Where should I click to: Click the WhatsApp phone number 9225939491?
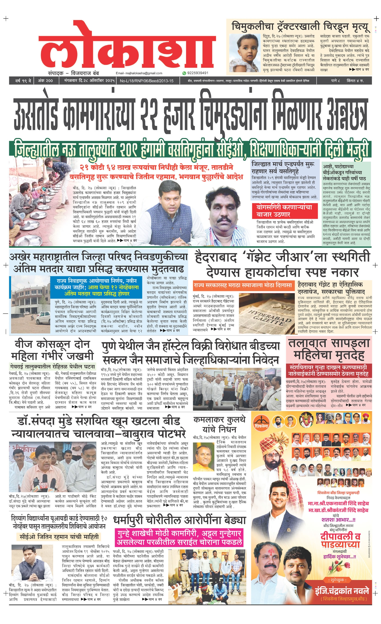[198, 73]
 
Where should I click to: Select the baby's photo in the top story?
[245, 53]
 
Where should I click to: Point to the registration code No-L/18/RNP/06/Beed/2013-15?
[146, 81]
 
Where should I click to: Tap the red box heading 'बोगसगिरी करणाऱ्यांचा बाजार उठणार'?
[284, 211]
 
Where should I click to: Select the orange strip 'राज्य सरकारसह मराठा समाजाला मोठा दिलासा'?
[243, 285]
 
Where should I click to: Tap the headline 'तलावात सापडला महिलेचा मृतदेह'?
[329, 349]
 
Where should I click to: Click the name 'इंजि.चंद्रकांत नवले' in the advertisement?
[342, 591]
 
